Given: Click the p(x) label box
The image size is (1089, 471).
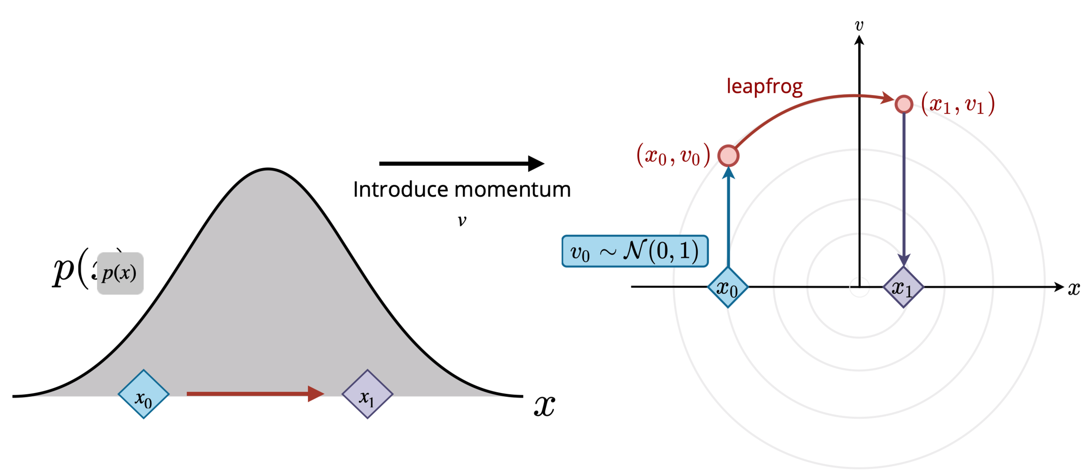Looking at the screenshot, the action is coord(120,273).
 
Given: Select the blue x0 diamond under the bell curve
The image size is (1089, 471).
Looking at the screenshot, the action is coord(143,394).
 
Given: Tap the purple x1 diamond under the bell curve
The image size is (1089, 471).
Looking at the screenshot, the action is coord(367,394).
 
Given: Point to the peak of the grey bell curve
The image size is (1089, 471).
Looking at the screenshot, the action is coord(268,172).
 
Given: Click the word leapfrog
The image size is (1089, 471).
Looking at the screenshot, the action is coord(764,87).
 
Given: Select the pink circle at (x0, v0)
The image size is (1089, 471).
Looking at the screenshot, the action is coord(728,156).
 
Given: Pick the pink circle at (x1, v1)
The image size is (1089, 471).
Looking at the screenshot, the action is coord(904,105).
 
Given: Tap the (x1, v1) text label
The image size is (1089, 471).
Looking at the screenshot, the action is coord(958,105).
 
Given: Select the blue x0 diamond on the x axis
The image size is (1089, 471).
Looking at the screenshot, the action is coord(728,288).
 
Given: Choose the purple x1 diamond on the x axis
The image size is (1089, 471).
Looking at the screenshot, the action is coord(903,288).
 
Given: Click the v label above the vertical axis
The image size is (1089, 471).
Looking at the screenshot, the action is coord(859,25).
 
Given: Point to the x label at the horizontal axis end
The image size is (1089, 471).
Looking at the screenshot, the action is coord(1074,288).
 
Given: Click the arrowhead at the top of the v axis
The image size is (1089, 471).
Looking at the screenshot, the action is coord(859,40).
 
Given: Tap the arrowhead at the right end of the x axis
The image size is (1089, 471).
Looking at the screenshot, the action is coord(1059,287).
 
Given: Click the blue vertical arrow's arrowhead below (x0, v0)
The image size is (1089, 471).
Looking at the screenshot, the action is coord(728,173).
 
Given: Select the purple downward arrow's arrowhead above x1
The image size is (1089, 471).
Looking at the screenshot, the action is coord(904,260).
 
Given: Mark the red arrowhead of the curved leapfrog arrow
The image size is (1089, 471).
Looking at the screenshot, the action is coord(887,98).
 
